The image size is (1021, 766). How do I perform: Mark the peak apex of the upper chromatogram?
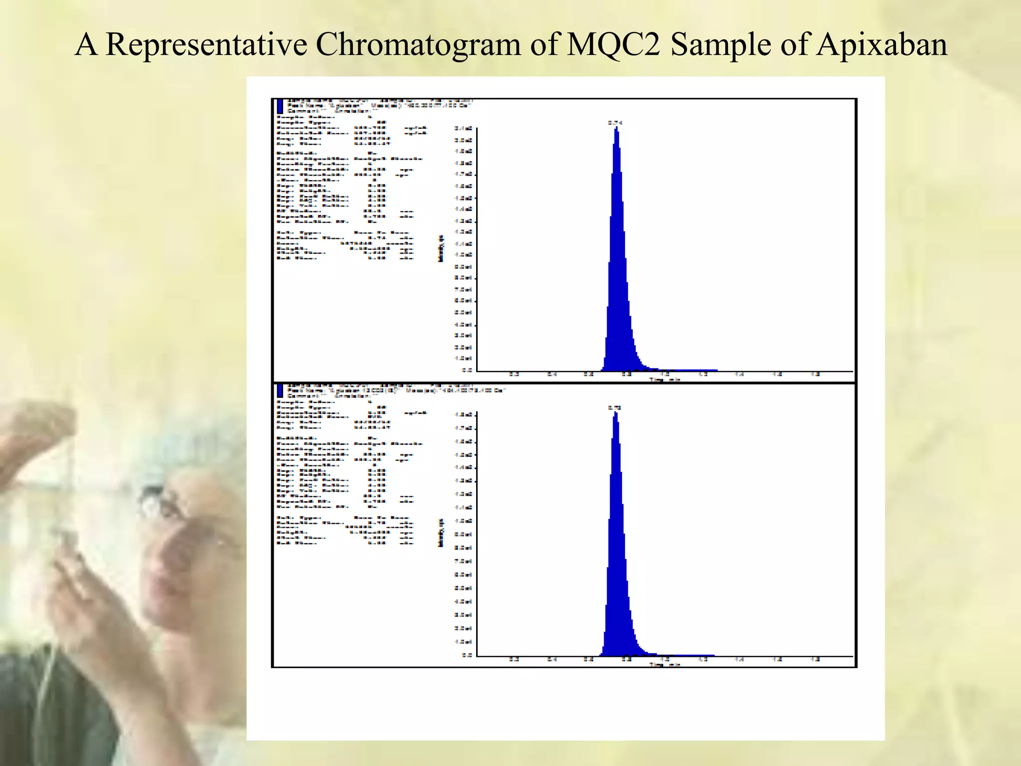point(617,128)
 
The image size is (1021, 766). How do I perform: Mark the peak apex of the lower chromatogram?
point(616,413)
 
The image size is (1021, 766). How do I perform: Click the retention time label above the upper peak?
point(615,122)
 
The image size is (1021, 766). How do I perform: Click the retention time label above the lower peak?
point(614,407)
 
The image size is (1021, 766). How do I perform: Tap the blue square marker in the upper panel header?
point(280,106)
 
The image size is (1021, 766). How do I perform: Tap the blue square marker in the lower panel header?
point(280,390)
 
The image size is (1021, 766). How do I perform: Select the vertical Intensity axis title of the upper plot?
point(441,248)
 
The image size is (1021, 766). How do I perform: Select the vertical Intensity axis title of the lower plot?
point(441,533)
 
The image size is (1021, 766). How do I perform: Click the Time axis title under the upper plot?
point(665,380)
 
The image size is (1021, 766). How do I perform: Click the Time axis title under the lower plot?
point(665,664)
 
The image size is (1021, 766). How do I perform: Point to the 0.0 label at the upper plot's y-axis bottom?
point(467,371)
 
